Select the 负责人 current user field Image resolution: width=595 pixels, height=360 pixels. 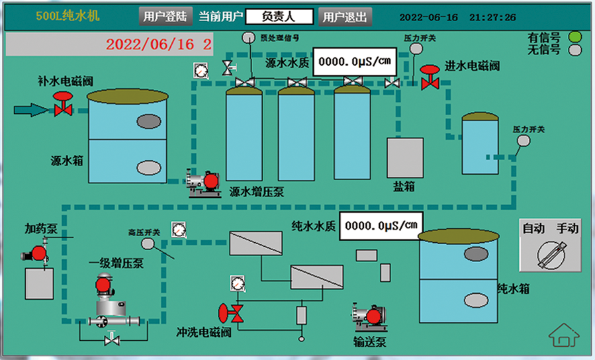coord(278,17)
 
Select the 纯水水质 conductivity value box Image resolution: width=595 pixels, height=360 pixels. coord(380,226)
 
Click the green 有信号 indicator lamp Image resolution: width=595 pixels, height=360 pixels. coord(575,37)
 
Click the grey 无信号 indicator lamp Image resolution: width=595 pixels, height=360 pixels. coord(575,50)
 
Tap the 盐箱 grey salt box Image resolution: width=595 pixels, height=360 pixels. coord(404,157)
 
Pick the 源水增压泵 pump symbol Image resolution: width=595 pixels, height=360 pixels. coord(203,183)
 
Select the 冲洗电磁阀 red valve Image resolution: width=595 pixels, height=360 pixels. coord(231,311)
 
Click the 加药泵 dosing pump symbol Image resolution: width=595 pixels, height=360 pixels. coord(36,252)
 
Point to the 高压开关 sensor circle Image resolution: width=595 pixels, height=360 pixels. coord(147,244)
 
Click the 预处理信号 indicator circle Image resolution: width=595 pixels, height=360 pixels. coord(249,38)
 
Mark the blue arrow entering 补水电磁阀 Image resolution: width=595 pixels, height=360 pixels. coord(30,109)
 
